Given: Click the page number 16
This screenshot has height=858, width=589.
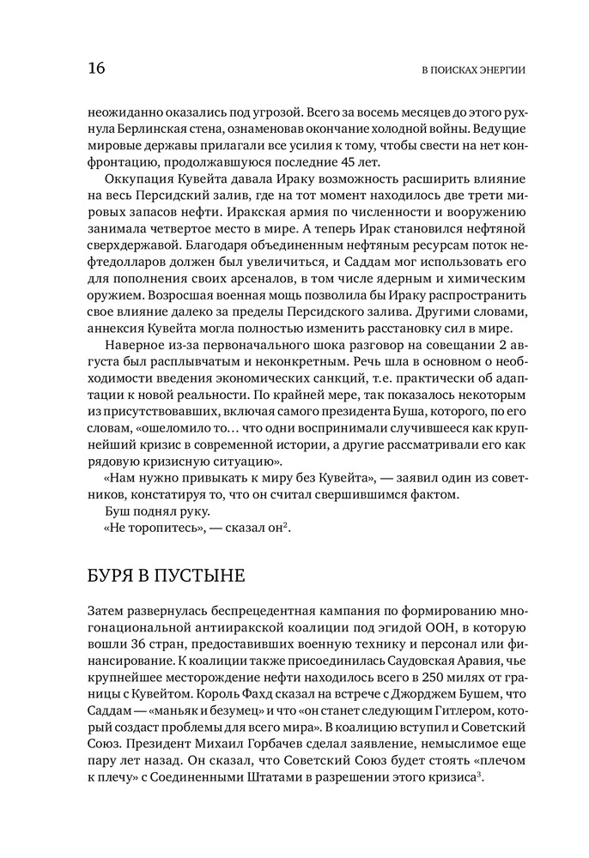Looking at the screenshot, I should tap(95, 69).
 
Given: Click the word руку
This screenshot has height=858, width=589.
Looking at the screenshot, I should tap(180, 511).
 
